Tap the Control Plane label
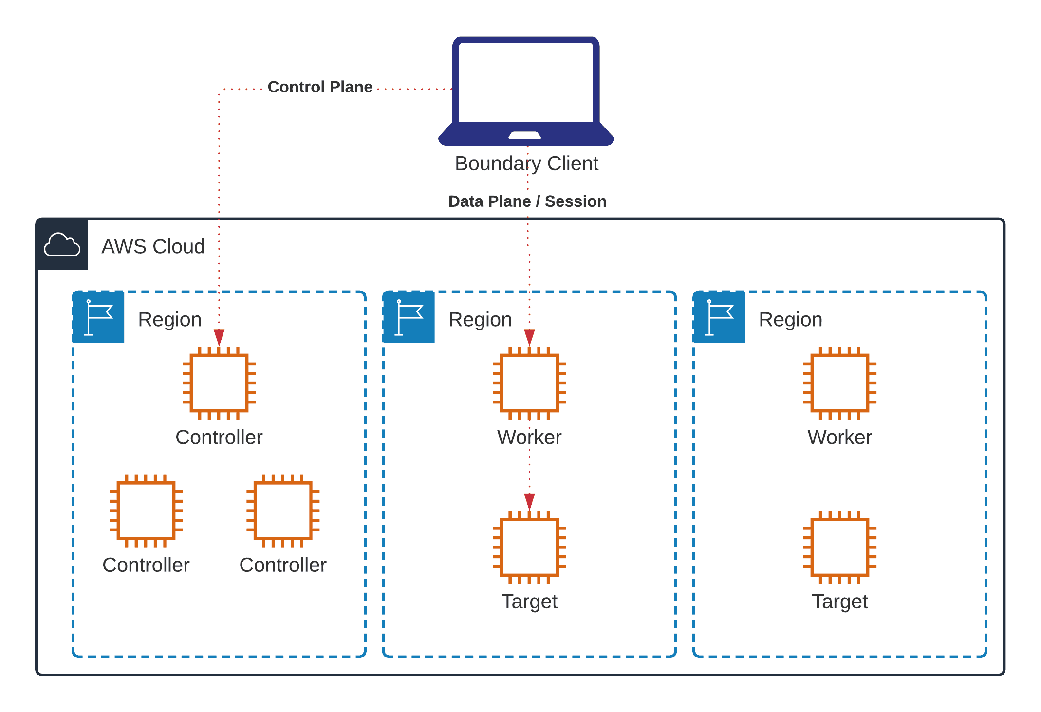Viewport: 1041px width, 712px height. [320, 87]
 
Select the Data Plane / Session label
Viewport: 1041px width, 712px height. [527, 201]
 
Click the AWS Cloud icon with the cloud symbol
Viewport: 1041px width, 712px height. [62, 245]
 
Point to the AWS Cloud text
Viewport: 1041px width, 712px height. [153, 247]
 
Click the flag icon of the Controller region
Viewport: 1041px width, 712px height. [99, 317]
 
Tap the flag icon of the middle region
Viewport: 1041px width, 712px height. [409, 317]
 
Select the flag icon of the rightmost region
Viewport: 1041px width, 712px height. [719, 317]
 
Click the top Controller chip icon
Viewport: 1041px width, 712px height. [219, 383]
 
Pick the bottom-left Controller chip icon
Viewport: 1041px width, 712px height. [146, 511]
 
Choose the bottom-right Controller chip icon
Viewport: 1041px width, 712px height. [283, 511]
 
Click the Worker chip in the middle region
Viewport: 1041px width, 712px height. [529, 383]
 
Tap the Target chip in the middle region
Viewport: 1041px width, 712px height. [529, 547]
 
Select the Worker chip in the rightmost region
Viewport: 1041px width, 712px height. [839, 383]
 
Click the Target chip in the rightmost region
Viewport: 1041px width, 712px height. [839, 547]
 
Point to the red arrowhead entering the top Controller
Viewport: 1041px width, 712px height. [219, 337]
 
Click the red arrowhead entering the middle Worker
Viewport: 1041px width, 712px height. [529, 337]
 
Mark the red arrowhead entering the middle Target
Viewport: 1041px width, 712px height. [529, 501]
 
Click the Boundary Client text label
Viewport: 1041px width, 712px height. [526, 164]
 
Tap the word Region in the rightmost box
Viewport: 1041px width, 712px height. [790, 320]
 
